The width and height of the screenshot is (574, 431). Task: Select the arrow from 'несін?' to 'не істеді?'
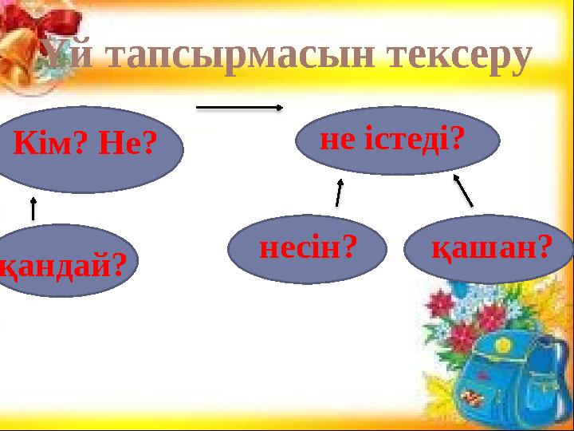[339, 192]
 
